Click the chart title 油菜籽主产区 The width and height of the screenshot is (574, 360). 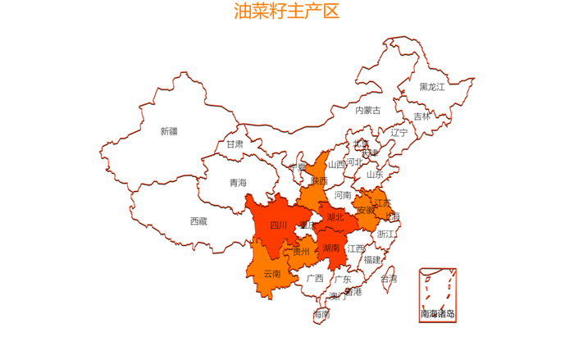click(x=286, y=11)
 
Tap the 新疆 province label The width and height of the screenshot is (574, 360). click(x=168, y=131)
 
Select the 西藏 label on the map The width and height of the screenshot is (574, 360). click(x=198, y=221)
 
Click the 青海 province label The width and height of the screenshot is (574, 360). click(x=237, y=183)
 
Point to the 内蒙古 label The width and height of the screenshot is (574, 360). click(x=367, y=110)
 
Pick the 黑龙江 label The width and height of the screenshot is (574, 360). click(x=431, y=86)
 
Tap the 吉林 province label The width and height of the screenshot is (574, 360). click(x=421, y=116)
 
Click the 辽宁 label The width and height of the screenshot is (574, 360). click(x=399, y=132)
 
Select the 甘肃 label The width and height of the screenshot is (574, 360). click(x=235, y=144)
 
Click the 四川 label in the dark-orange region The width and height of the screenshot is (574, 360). click(x=279, y=225)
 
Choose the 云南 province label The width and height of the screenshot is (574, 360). click(x=272, y=273)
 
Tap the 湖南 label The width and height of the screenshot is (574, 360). click(x=331, y=247)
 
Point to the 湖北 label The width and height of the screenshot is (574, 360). click(x=335, y=217)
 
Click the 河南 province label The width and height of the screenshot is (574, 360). click(x=342, y=195)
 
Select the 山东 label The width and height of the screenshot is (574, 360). click(x=374, y=174)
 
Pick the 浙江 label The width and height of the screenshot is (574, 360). click(x=385, y=234)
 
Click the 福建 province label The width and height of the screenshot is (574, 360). click(x=372, y=259)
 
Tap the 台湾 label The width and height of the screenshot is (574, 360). click(x=389, y=279)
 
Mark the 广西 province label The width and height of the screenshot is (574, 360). click(x=315, y=278)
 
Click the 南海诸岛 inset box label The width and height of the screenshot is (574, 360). click(x=437, y=313)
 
